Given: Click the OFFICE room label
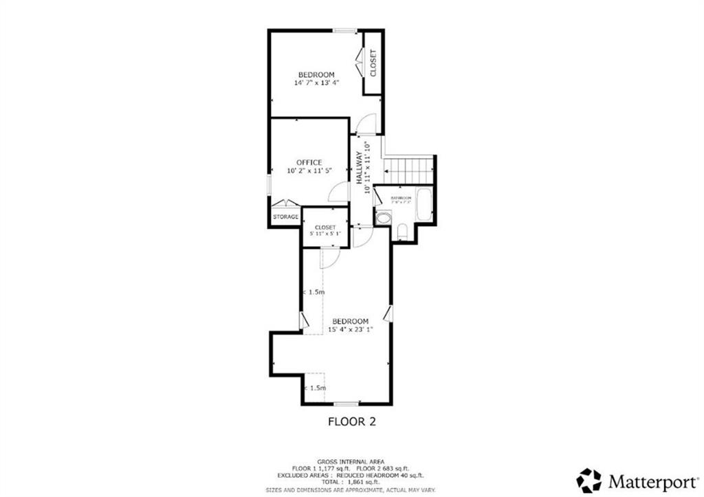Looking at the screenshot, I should pyautogui.click(x=309, y=162).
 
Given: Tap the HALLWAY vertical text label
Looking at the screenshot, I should pyautogui.click(x=359, y=166).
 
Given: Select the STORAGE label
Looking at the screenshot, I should pyautogui.click(x=285, y=217).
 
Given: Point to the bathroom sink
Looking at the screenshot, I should pyautogui.click(x=383, y=218).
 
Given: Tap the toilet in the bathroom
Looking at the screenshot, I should pyautogui.click(x=403, y=232).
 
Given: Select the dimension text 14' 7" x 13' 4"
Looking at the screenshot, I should pyautogui.click(x=316, y=83).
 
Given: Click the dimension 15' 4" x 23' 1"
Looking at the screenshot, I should pyautogui.click(x=350, y=330).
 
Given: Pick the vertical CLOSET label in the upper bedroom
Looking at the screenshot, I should pyautogui.click(x=373, y=63).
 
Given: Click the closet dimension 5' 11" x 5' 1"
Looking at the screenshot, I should pyautogui.click(x=325, y=235).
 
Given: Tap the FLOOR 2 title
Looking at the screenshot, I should pyautogui.click(x=351, y=421).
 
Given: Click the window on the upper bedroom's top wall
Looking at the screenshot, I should pyautogui.click(x=345, y=30).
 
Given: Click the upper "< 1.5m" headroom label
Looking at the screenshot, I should pyautogui.click(x=313, y=293).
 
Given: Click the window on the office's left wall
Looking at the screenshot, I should pyautogui.click(x=268, y=186).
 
